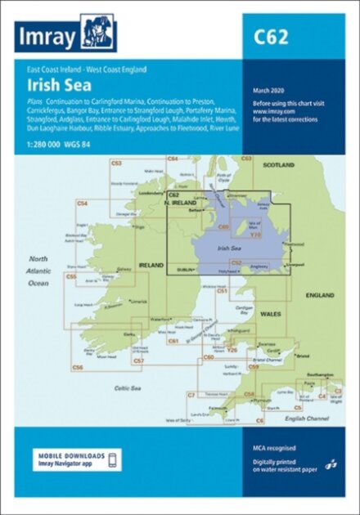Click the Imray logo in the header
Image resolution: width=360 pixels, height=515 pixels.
(65, 36)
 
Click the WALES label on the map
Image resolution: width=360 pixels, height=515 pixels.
(270, 315)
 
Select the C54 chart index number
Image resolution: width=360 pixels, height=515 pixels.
(82, 203)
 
